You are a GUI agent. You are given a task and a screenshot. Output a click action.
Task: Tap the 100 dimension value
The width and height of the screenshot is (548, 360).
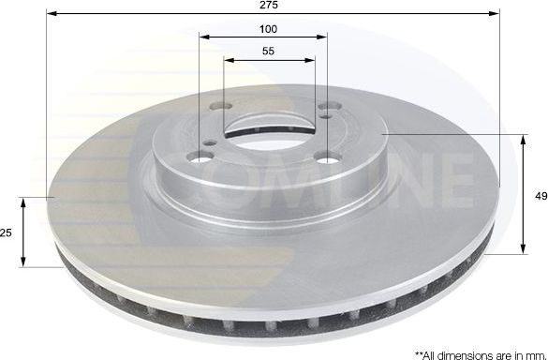(x=268, y=29)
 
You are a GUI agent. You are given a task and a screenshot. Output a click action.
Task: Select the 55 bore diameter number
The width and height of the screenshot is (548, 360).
(x=269, y=53)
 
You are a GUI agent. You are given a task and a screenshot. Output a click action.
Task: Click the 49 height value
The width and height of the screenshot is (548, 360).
(x=541, y=196)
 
